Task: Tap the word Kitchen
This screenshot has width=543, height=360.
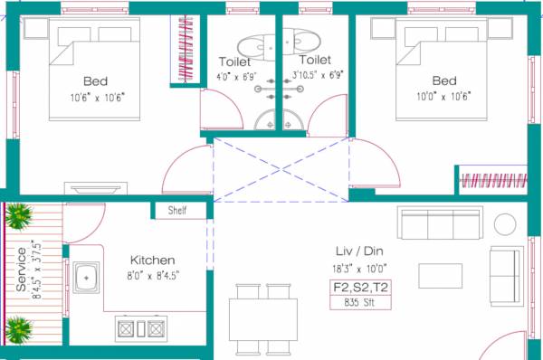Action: coord(152,259)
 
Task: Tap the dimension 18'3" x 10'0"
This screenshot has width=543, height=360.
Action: coord(360,269)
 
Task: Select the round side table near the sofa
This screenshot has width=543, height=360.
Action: coord(505,223)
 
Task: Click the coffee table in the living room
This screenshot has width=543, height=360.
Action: coord(441,274)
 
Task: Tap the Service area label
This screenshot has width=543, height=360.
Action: coord(22,269)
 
